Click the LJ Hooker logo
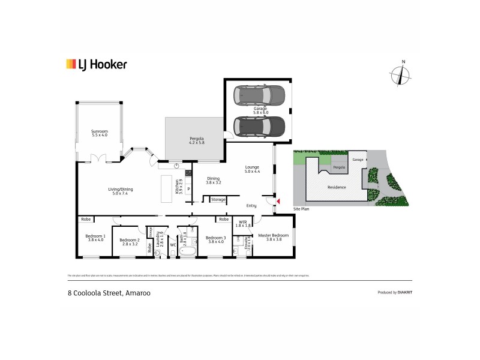point(96,64)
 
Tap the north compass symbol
point(400,75)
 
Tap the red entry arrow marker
point(277,200)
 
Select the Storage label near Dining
point(218,199)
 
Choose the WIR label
point(242,222)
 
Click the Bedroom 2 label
point(130,241)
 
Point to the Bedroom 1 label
point(96,236)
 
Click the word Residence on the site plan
point(337,187)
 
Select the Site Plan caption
point(301,209)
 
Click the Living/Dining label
point(121,190)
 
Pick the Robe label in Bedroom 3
point(223,220)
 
